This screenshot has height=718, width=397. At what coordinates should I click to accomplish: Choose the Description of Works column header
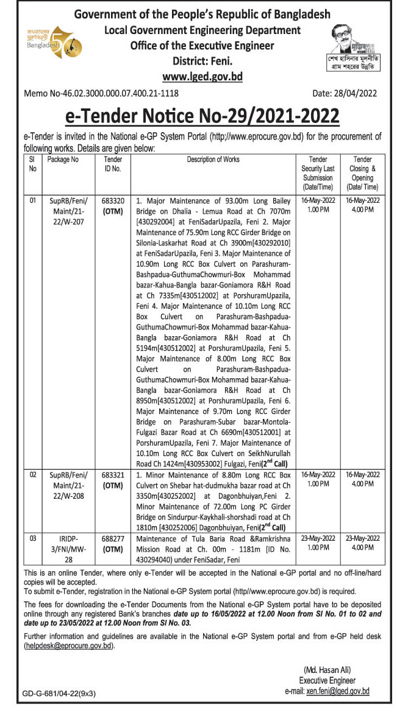tap(213, 160)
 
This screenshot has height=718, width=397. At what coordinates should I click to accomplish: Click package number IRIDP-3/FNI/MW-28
tap(68, 547)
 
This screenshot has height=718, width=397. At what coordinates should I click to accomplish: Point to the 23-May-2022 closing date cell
tap(362, 538)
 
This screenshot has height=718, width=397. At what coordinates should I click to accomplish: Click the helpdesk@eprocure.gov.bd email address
tap(69, 646)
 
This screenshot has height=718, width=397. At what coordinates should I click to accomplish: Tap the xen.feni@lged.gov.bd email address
tap(338, 692)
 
